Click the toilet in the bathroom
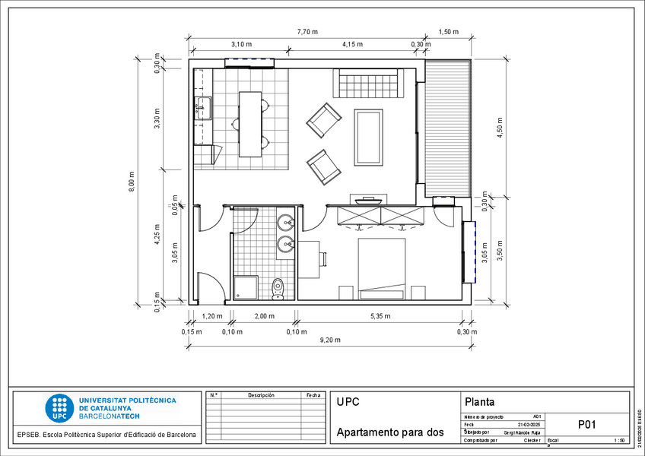click(x=278, y=288)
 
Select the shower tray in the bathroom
click(x=246, y=287)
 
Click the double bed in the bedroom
click(x=382, y=264)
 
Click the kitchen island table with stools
click(x=250, y=124)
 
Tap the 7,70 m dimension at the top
click(x=307, y=32)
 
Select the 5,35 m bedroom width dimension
click(x=380, y=316)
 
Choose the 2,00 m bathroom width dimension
click(x=264, y=316)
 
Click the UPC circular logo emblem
click(x=59, y=408)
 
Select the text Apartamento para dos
click(x=389, y=432)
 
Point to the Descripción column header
click(x=261, y=395)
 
